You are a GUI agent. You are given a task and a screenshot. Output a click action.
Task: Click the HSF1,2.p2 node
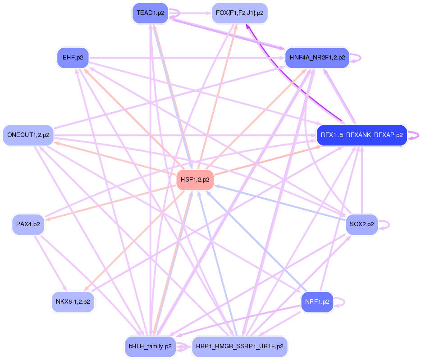(x=195, y=179)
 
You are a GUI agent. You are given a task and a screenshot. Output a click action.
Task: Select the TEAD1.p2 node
(x=150, y=13)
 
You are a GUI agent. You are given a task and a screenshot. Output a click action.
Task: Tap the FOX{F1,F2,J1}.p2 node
(x=239, y=13)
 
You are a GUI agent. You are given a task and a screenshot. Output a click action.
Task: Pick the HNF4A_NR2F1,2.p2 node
(x=317, y=58)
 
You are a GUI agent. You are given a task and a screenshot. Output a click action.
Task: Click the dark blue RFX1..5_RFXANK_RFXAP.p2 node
(x=362, y=135)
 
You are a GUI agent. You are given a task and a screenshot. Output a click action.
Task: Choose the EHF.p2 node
(x=73, y=58)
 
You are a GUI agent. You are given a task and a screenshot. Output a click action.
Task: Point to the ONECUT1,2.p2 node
(x=28, y=135)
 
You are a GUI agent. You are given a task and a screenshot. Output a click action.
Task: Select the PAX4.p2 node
(x=28, y=224)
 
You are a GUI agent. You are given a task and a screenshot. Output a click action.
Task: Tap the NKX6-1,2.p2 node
(x=73, y=301)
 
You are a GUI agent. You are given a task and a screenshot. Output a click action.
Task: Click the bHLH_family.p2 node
(x=150, y=346)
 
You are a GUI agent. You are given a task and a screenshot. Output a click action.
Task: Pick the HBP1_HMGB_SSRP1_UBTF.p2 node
(x=239, y=346)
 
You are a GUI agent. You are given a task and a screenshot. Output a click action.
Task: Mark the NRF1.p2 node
(x=317, y=301)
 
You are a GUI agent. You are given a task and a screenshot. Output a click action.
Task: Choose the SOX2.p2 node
(x=362, y=224)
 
